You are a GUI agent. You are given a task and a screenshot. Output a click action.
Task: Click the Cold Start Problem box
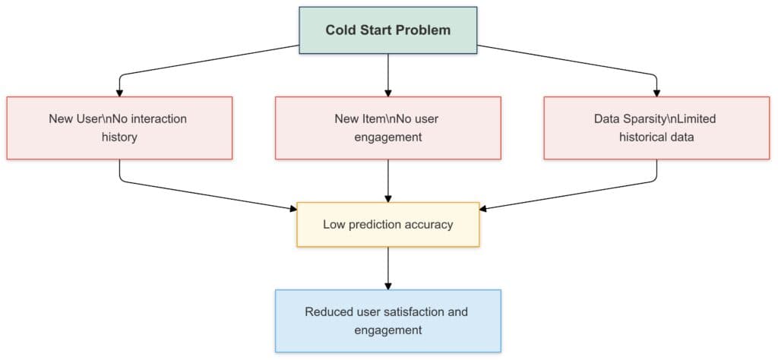[x=387, y=30]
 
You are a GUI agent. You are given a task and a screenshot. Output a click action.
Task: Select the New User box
[x=119, y=128]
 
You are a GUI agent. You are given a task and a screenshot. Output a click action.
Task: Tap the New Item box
[x=387, y=128]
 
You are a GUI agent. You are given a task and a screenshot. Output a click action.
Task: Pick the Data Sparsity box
[x=656, y=128]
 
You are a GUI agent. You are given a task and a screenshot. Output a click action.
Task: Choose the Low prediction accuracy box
[x=387, y=224]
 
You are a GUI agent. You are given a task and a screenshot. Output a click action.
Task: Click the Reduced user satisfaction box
[x=387, y=321]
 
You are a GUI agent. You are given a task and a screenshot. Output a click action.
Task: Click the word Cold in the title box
[x=340, y=30]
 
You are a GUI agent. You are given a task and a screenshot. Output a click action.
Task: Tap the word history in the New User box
[x=119, y=137]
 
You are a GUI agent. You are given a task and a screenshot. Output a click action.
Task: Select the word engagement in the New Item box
[x=387, y=137]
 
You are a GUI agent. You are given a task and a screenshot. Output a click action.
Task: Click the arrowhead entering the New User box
[x=119, y=92]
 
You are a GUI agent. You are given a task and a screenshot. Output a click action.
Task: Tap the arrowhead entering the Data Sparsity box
[x=656, y=92]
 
